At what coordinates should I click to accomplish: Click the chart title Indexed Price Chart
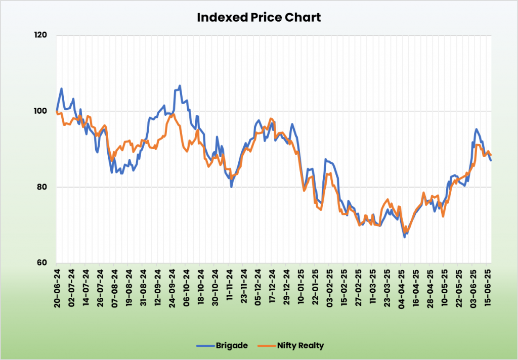pyautogui.click(x=258, y=18)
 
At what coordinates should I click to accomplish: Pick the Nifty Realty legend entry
pyautogui.click(x=300, y=346)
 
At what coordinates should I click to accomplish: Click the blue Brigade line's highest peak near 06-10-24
pyautogui.click(x=180, y=86)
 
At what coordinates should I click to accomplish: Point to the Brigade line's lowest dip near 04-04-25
pyautogui.click(x=404, y=237)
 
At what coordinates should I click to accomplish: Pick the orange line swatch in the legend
pyautogui.click(x=266, y=346)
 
